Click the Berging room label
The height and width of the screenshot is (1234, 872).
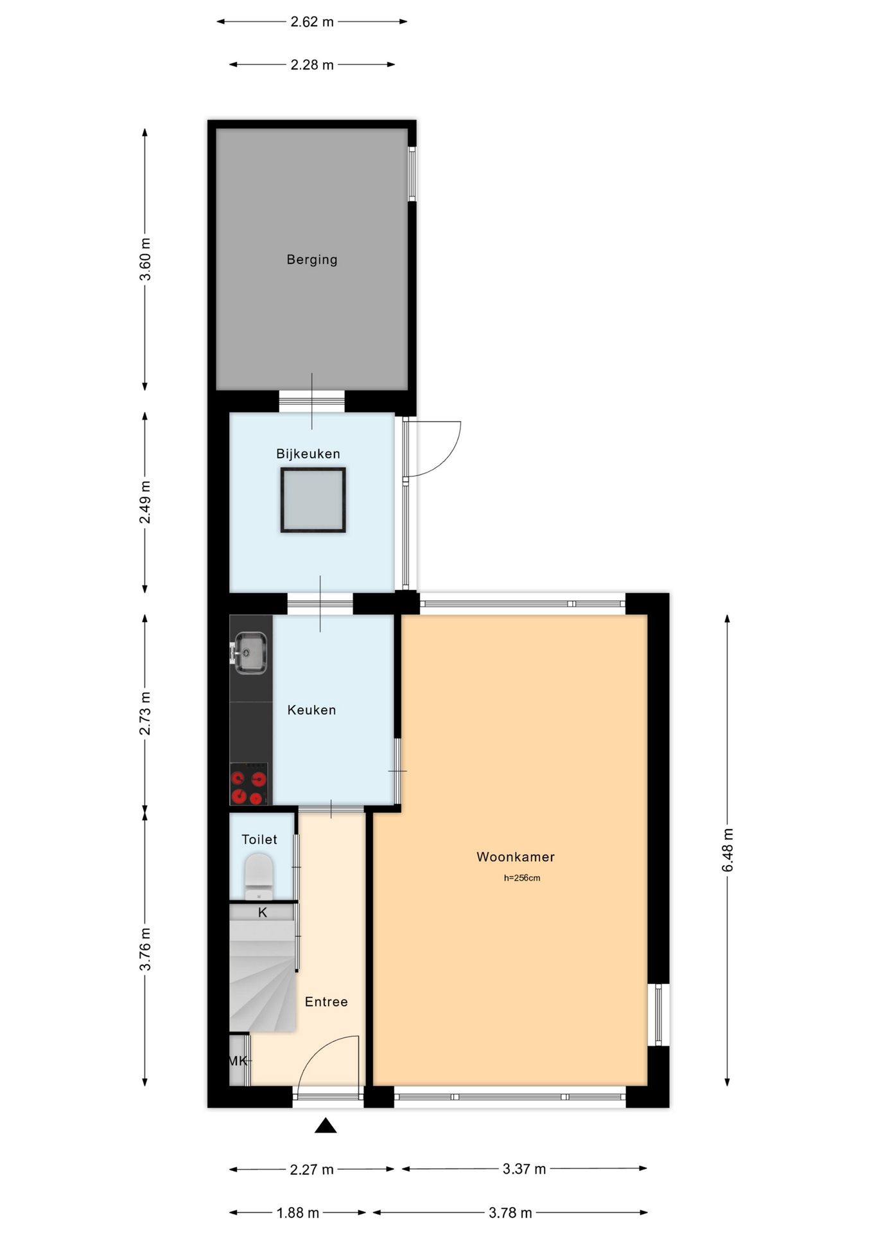311,260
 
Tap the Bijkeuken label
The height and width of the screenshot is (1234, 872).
308,454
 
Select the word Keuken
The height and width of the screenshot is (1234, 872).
311,710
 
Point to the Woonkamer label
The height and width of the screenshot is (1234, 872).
516,857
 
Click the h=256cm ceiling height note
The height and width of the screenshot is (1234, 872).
522,878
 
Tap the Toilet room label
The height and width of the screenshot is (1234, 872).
259,839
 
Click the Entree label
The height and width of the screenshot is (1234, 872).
326,1001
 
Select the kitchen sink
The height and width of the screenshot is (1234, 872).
250,653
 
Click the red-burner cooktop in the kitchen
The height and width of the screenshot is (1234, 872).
249,784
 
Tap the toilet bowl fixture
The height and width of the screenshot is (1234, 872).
259,876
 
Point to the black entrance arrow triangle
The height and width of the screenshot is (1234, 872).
326,1125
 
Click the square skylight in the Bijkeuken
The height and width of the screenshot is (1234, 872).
313,500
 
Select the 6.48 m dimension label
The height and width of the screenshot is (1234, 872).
728,850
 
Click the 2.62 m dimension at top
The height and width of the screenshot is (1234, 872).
312,22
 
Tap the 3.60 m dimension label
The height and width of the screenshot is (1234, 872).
145,259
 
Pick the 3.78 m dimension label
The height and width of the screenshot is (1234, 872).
510,1213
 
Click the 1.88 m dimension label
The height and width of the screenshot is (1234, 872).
297,1213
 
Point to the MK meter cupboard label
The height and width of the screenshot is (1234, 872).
238,1061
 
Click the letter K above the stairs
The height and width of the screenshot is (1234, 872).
263,913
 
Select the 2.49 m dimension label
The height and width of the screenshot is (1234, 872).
145,502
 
